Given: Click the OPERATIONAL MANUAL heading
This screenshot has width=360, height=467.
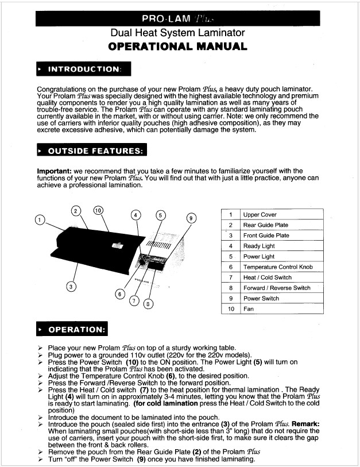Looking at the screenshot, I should click(178, 47).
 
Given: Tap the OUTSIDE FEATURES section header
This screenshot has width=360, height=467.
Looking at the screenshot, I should click(92, 151).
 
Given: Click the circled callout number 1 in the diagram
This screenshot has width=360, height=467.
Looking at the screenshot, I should click(39, 219).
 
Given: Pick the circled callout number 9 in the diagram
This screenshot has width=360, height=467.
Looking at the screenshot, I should click(192, 218).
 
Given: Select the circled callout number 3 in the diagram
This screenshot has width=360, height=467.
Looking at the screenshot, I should click(71, 286).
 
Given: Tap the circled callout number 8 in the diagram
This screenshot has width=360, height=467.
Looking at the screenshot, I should click(148, 303).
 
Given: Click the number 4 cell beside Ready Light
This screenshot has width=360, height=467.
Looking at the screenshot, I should click(230, 246).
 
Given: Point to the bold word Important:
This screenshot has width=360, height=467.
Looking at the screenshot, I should click(55, 171).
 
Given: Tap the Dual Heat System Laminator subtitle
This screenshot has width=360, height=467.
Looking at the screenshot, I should click(177, 33).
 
